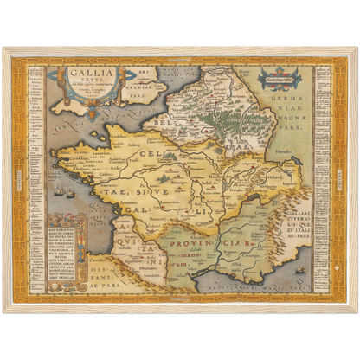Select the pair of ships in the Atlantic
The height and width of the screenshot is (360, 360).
click(x=61, y=190)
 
